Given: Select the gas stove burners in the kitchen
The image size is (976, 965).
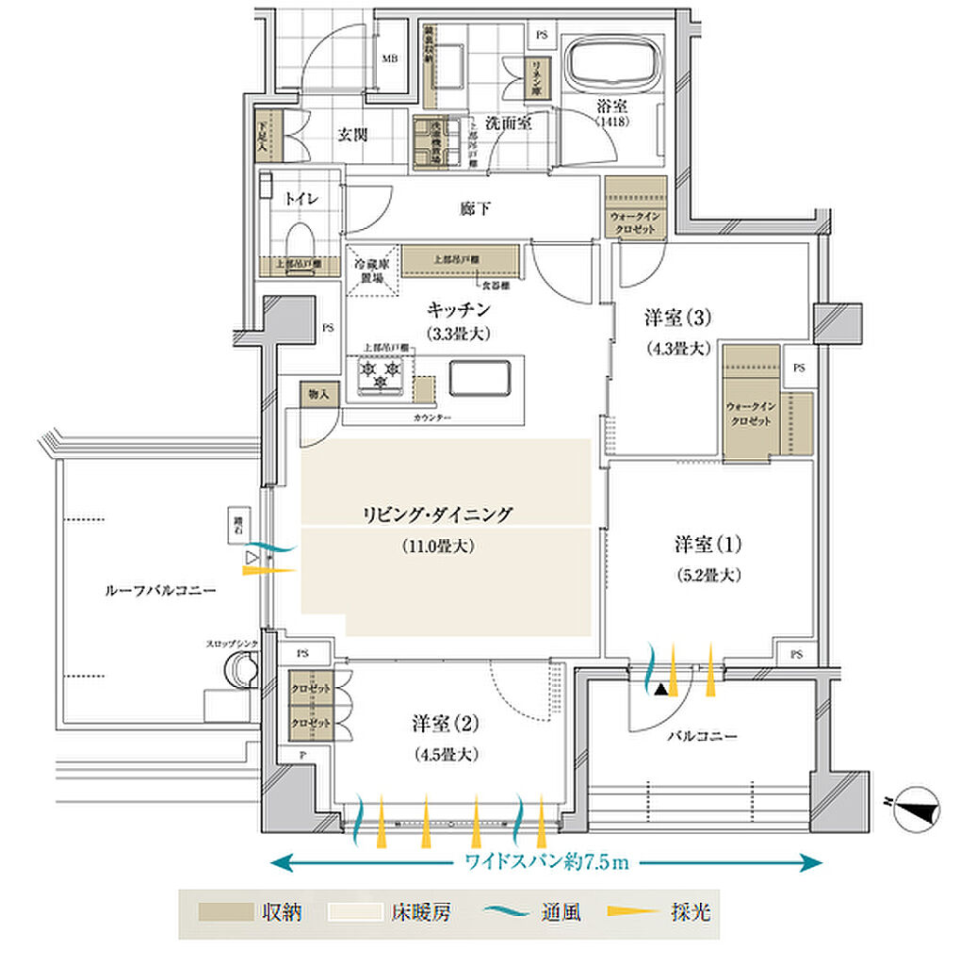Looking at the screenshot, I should click(x=382, y=376).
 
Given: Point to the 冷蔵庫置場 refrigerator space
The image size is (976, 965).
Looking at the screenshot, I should click(x=370, y=270).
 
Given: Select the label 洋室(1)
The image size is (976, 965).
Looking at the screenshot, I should click(x=708, y=544).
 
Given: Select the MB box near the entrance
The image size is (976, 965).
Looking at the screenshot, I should click(x=388, y=58).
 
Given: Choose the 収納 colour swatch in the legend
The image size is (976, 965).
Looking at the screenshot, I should click(x=226, y=912).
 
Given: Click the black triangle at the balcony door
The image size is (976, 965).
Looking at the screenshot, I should click(x=662, y=691).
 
